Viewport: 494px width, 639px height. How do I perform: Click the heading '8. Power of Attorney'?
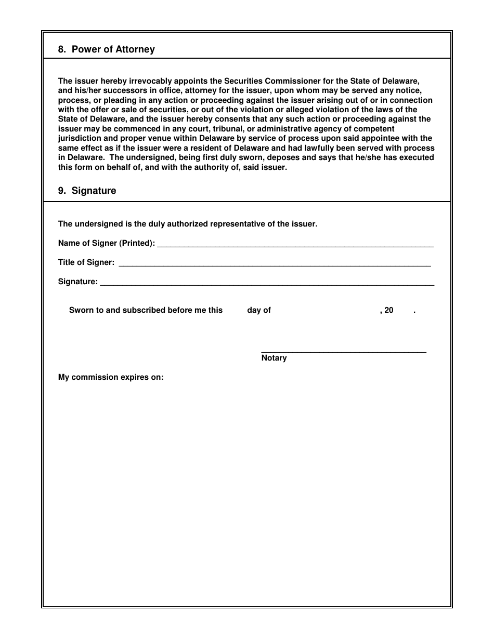point(106,49)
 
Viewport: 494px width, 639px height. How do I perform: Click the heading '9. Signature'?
point(87,191)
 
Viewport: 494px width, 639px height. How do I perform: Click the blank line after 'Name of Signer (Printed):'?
point(295,244)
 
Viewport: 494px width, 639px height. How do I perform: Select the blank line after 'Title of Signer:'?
point(275,264)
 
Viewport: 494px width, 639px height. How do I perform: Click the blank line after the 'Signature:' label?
point(266,283)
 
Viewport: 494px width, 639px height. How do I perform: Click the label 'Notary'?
point(274,358)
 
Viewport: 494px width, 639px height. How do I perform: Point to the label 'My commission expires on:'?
point(111,377)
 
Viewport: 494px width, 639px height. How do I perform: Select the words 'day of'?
point(259,310)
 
